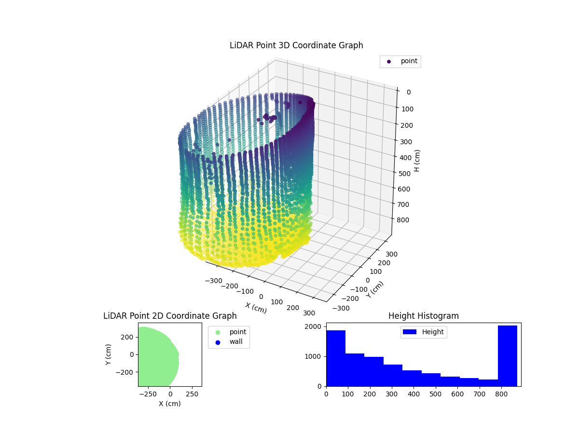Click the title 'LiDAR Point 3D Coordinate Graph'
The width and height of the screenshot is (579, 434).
[x=296, y=45]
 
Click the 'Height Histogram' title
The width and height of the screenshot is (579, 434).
[x=423, y=316]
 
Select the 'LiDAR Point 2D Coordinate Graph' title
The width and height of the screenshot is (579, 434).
[x=170, y=316]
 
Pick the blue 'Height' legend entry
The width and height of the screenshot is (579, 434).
[x=423, y=332]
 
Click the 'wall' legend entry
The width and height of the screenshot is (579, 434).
[x=235, y=342]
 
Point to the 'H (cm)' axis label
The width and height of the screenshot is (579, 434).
[x=417, y=161]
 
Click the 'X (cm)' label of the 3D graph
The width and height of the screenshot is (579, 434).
[x=256, y=307]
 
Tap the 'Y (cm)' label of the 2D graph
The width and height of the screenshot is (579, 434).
[x=109, y=354]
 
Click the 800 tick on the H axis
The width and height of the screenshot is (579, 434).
[x=405, y=220]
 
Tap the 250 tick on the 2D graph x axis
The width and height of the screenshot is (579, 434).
[x=193, y=393]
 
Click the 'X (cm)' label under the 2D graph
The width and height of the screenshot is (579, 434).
[x=170, y=404]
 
